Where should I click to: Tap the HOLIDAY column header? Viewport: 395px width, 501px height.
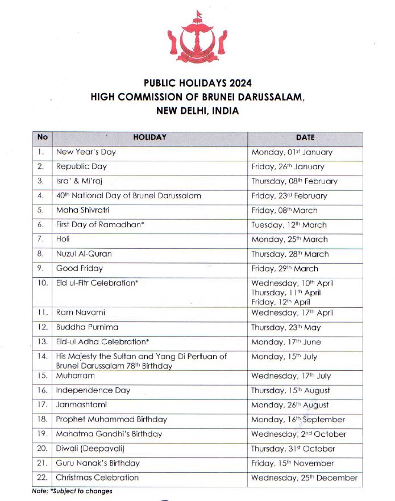(149, 137)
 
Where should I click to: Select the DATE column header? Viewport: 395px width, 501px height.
(305, 137)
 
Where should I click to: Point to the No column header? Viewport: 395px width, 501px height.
(42, 137)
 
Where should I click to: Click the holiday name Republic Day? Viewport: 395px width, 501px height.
(81, 167)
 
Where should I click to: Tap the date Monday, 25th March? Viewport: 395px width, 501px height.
(289, 240)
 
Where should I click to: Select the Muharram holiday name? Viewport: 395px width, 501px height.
(75, 376)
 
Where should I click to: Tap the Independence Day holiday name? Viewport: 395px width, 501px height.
(93, 391)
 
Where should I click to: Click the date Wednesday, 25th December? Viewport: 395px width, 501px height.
(304, 478)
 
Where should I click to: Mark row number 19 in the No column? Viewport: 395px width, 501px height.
(41, 435)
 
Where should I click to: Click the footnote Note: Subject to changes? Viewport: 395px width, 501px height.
(72, 491)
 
